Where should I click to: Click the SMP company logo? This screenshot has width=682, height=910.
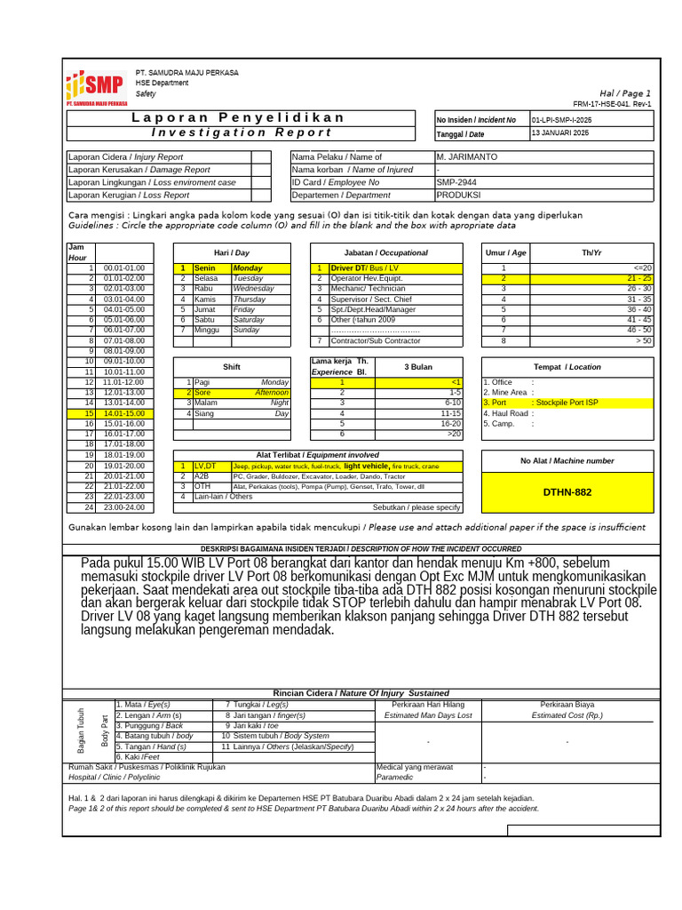[96, 87]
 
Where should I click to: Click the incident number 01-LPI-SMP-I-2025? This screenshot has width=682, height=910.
[561, 119]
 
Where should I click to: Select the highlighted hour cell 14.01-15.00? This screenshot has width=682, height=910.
[124, 413]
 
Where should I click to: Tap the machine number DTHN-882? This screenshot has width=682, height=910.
[567, 491]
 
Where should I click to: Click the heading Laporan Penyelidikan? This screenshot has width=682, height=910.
[239, 118]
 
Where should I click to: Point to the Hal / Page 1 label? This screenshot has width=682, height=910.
[625, 93]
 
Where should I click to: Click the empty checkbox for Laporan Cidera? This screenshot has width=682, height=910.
[261, 156]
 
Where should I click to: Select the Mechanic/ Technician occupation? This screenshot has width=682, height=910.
[368, 289]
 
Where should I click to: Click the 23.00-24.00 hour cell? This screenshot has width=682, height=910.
[124, 507]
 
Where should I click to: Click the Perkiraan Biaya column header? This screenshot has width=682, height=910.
[567, 704]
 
